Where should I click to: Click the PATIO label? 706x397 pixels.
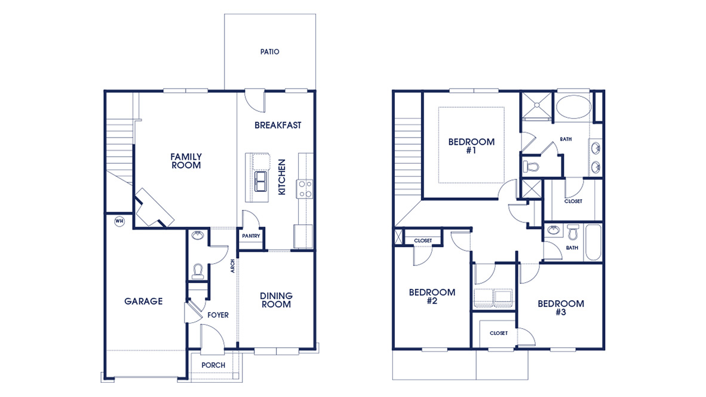click(269, 52)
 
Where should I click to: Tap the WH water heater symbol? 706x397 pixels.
click(119, 221)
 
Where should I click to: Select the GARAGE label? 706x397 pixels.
click(143, 301)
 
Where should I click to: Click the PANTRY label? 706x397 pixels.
click(251, 236)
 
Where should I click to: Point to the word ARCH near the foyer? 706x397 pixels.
click(233, 266)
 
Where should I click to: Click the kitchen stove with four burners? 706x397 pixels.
click(305, 189)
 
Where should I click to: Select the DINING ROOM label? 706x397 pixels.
click(276, 300)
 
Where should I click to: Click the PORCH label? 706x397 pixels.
click(213, 365)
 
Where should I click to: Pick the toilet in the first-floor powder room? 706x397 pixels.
click(198, 272)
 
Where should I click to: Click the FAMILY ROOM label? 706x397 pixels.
click(186, 161)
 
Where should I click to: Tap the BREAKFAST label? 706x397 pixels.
click(278, 126)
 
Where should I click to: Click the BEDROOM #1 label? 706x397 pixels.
click(471, 146)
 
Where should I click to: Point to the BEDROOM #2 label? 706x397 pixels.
click(432, 297)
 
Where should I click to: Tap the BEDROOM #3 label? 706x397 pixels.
click(560, 307)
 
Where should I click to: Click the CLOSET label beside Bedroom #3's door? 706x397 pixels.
click(498, 333)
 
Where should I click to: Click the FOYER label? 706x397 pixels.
click(218, 315)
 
